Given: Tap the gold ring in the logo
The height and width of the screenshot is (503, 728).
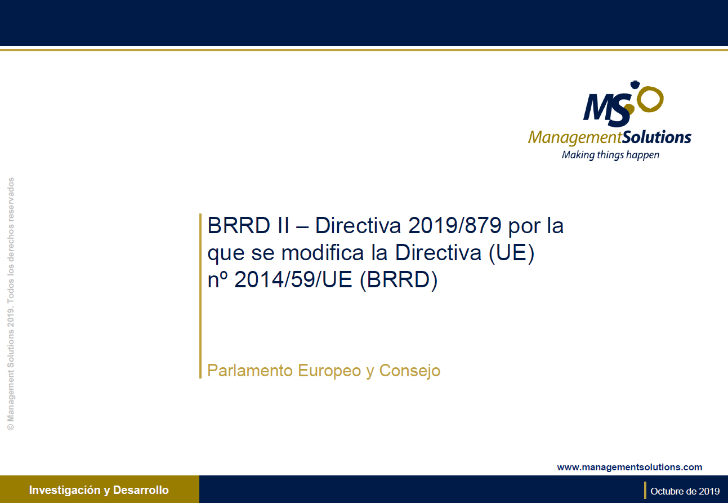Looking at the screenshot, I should (651, 100).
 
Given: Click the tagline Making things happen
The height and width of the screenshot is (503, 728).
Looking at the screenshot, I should (610, 155).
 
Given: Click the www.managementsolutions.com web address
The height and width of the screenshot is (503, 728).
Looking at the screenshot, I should (629, 467).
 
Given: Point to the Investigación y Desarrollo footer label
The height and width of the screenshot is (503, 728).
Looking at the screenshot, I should (99, 490).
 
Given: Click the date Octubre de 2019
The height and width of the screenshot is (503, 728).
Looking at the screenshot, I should (685, 491).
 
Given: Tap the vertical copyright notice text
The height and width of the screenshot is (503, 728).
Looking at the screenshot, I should (11, 304).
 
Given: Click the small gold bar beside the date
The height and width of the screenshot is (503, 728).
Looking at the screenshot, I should (645, 491).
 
